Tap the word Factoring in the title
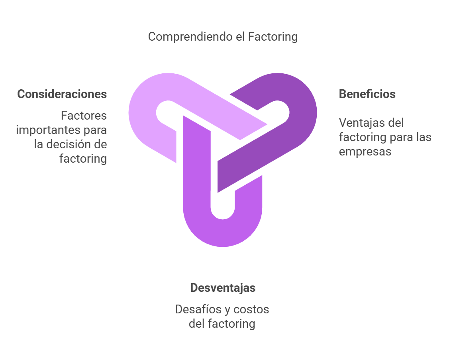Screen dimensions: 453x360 tap(273, 37)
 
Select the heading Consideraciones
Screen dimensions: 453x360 tap(62, 94)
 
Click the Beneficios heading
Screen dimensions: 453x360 tap(367, 94)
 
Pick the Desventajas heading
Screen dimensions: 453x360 tap(223, 288)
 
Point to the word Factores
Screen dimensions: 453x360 tap(84, 116)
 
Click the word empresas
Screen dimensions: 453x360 tap(365, 152)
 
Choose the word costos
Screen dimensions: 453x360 tap(251, 310)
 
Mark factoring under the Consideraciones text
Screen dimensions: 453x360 tap(83, 159)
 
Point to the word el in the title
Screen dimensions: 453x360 tap(241, 37)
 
